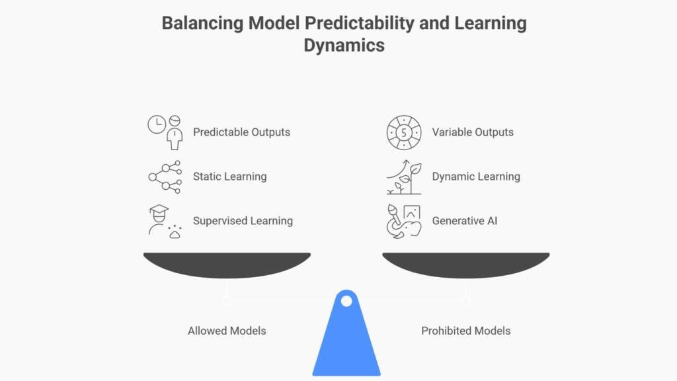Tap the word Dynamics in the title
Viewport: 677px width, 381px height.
[x=344, y=46]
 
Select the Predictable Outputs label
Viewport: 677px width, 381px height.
[x=241, y=132]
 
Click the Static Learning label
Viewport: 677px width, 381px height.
[x=229, y=177]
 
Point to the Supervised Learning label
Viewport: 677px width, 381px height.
[x=243, y=221]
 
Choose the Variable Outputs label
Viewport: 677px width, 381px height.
[x=473, y=132]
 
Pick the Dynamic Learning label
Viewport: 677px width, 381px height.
[x=476, y=177]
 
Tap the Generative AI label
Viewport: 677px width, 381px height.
[x=464, y=221]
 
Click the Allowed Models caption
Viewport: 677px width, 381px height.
[x=227, y=331]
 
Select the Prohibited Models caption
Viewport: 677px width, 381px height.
[x=466, y=331]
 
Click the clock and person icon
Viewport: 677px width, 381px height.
[x=165, y=132]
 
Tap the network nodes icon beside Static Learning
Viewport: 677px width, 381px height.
[x=165, y=177]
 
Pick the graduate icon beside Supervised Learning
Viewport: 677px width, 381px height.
[x=165, y=221]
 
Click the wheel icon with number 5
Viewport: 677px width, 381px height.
[x=404, y=132]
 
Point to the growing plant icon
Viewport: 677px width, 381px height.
[x=404, y=177]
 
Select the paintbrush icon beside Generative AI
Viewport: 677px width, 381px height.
[x=404, y=221]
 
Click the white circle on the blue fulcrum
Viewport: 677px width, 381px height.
[x=346, y=302]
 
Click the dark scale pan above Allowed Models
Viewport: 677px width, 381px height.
[x=227, y=263]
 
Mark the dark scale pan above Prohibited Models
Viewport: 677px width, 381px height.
[x=466, y=263]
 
